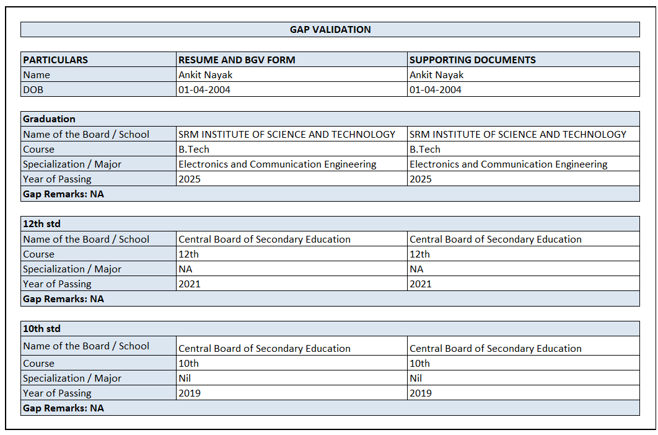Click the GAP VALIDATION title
click(x=330, y=29)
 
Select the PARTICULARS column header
click(x=56, y=60)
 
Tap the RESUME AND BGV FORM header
click(x=237, y=60)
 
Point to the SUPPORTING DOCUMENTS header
click(x=473, y=60)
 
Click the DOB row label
click(x=33, y=89)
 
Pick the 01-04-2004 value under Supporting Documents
click(x=436, y=89)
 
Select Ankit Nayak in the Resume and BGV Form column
click(x=205, y=74)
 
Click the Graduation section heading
click(x=49, y=119)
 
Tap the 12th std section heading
click(x=42, y=223)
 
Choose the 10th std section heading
click(x=42, y=328)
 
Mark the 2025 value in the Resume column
click(x=190, y=179)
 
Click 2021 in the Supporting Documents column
click(x=421, y=284)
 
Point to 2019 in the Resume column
click(x=190, y=393)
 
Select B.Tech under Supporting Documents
click(x=425, y=149)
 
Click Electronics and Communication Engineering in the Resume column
click(x=278, y=164)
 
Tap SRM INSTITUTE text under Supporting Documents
click(x=518, y=134)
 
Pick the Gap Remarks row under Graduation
click(x=63, y=194)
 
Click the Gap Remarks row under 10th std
click(x=63, y=408)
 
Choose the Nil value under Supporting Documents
click(x=416, y=378)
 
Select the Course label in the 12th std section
click(x=38, y=254)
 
